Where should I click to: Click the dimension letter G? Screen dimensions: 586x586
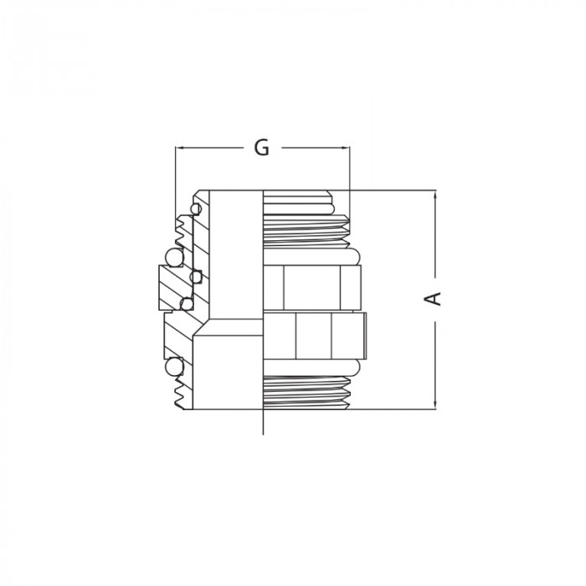[x=261, y=147]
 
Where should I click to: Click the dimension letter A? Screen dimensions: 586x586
[x=435, y=299]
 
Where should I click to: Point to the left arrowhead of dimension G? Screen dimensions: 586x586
[x=178, y=148]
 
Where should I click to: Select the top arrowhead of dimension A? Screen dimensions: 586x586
[x=435, y=195]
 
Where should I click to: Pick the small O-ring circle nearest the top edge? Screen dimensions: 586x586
[x=196, y=207]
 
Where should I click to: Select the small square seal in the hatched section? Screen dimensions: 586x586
[x=197, y=275]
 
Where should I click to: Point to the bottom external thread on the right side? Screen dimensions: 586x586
[x=306, y=388]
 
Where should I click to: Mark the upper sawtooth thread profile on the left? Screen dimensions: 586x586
[x=182, y=228]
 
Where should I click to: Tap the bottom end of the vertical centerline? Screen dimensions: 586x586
[x=263, y=432]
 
